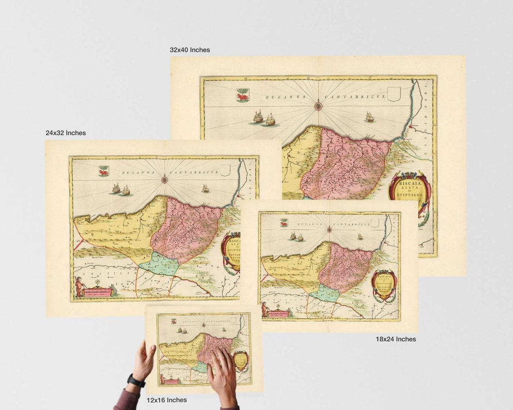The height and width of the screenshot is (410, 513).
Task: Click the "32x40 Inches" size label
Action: [189, 50]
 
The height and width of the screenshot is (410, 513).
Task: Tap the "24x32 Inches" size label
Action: [66, 133]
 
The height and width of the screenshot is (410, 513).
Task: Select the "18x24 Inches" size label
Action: [396, 339]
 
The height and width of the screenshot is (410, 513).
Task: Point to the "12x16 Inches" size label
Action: [166, 400]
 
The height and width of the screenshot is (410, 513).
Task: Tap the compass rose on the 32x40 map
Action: [318, 106]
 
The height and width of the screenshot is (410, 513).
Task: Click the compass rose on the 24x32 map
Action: [165, 180]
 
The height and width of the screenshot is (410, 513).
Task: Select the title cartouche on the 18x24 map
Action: [384, 285]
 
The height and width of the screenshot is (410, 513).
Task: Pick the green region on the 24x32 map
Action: [159, 264]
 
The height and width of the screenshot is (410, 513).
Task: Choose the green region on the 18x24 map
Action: [325, 293]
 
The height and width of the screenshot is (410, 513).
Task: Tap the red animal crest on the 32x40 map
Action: [243, 95]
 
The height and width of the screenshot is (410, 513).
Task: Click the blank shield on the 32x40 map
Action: [393, 94]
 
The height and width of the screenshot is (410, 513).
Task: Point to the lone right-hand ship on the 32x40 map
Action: [369, 117]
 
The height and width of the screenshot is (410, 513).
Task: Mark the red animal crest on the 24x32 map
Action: [104, 171]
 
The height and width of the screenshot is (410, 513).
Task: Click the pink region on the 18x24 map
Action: [346, 267]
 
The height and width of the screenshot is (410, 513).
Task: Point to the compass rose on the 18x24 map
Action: [329, 229]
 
